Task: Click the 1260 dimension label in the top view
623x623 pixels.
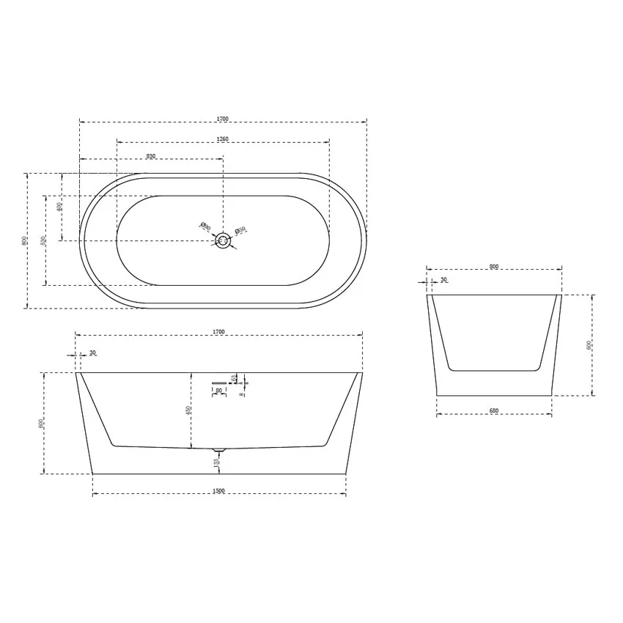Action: click(224, 139)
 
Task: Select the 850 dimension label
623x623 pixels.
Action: click(151, 156)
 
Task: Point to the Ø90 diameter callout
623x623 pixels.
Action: click(205, 228)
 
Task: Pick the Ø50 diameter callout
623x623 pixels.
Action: click(240, 232)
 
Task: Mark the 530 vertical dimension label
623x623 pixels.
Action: click(43, 240)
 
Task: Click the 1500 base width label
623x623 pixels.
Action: click(218, 490)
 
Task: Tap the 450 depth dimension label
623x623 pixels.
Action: click(188, 411)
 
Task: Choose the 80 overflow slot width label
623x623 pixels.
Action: click(218, 391)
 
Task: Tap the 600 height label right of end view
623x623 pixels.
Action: click(588, 345)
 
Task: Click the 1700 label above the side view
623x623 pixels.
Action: click(218, 332)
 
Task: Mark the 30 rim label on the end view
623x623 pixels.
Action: click(444, 280)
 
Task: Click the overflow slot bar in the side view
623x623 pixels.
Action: click(218, 382)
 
